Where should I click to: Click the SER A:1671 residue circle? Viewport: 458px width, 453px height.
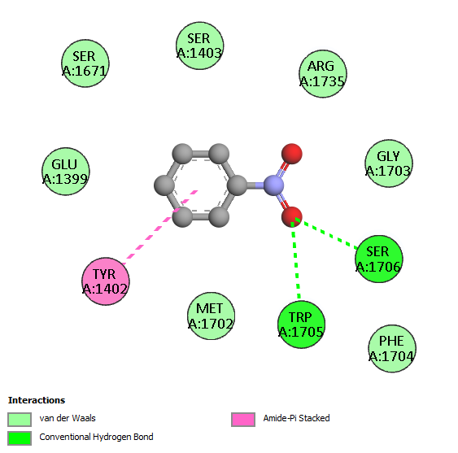pos(85,63)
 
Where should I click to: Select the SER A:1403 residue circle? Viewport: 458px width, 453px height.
pos(200,46)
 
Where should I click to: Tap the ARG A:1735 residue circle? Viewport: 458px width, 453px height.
pos(323,73)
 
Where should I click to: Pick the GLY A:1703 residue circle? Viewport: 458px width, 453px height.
pos(389,163)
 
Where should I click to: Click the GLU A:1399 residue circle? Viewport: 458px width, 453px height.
pos(66,172)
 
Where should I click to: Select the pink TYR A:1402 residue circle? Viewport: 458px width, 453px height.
pos(106,281)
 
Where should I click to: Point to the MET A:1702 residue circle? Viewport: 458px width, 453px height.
pos(211,316)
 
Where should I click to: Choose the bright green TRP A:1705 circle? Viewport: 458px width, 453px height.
pos(301,325)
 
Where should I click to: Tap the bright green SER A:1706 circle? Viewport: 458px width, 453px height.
pos(379,259)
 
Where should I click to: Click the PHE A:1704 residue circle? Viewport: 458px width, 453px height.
pos(392,348)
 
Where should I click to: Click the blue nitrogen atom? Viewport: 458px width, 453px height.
pos(273,185)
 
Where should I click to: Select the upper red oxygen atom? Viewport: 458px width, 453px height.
pos(292,154)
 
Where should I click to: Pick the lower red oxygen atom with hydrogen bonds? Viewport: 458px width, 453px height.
pos(292,216)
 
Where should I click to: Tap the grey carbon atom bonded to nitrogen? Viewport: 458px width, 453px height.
pos(238,185)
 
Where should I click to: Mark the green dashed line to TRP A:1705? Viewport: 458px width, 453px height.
pos(295,260)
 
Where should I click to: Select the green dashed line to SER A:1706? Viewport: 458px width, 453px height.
pos(326,233)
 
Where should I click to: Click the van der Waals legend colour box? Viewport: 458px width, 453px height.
pos(20,420)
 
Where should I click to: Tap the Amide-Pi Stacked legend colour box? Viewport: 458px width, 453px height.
pos(243,420)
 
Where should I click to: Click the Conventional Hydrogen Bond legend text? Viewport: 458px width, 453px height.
pos(96,437)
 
